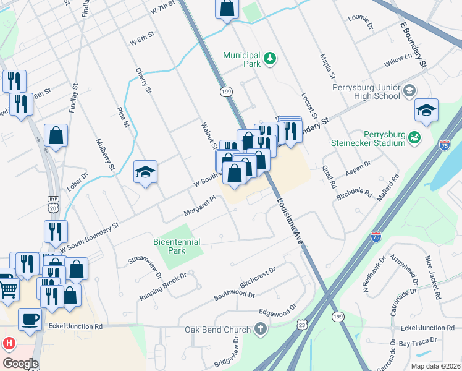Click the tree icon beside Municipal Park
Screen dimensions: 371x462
pos(269,59)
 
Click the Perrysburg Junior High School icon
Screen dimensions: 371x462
pos(409,92)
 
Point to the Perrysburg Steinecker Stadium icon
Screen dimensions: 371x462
pos(416,137)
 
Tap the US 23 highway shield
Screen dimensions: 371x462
pos(302,323)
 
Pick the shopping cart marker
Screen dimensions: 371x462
pos(8,289)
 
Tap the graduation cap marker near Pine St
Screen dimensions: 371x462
pos(146,172)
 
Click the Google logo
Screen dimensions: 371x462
pos(20,364)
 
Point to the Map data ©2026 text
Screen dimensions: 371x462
pos(435,366)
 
